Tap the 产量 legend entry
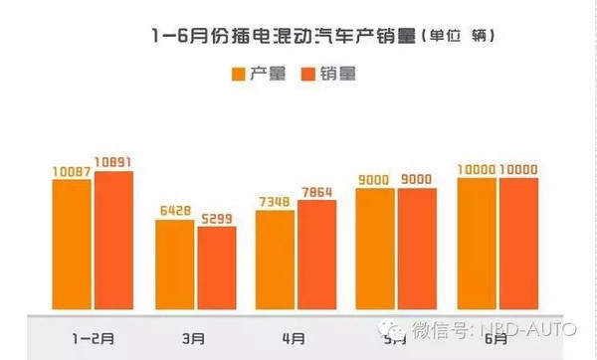(x=254, y=73)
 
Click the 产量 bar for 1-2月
(x=72, y=243)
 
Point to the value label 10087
(x=72, y=171)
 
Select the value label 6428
(x=174, y=211)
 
